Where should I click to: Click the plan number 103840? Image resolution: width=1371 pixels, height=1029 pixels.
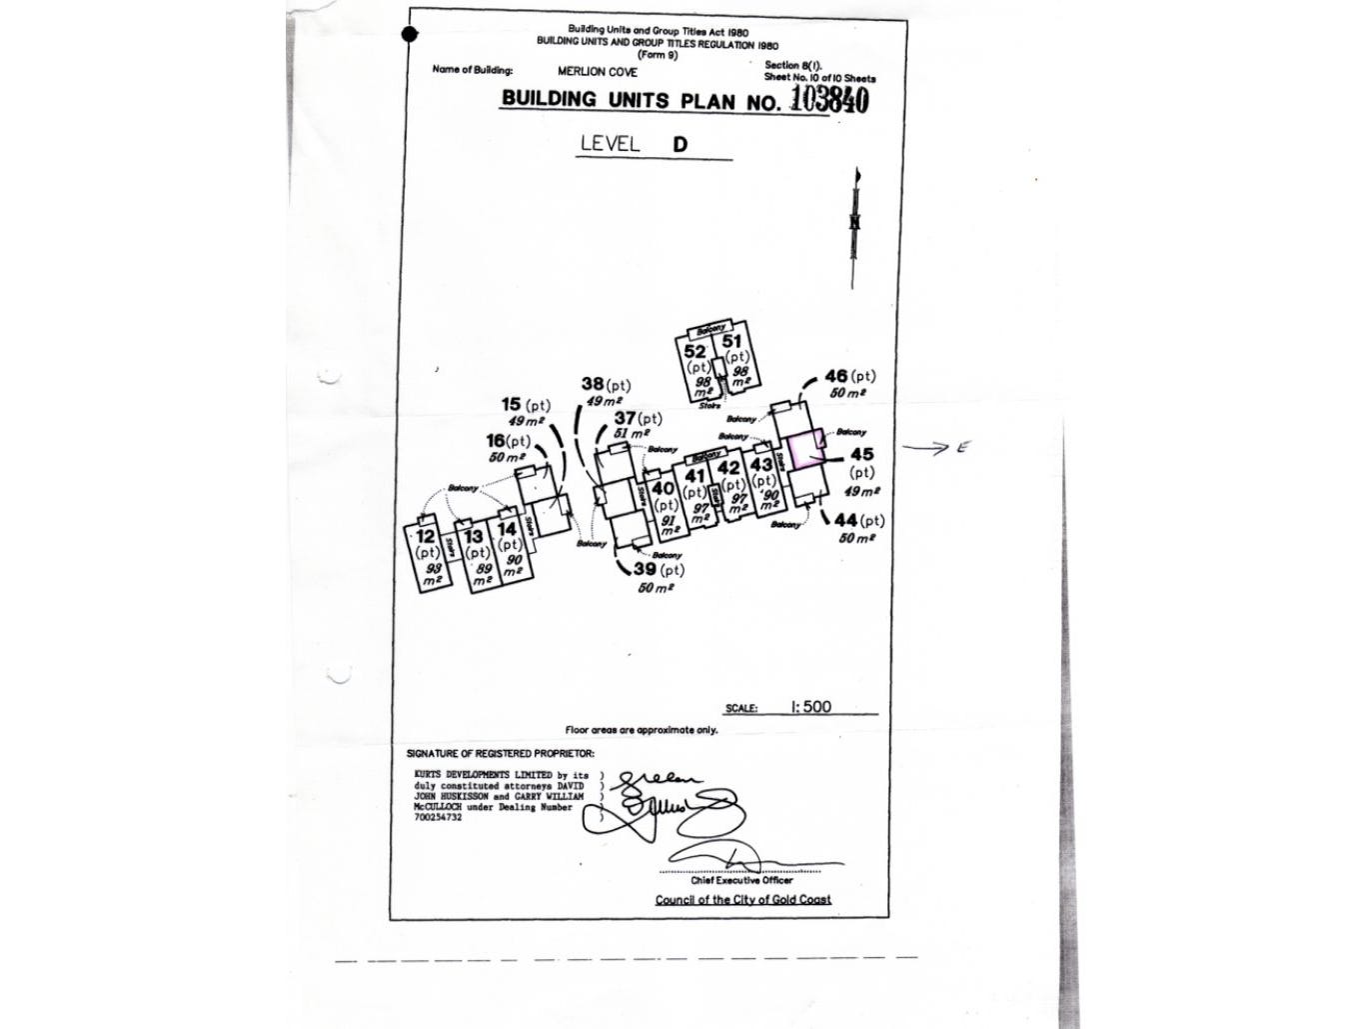point(828,99)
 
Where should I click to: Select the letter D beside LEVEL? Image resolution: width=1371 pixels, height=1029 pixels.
point(680,144)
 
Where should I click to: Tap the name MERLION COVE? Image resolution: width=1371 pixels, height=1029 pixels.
point(597,72)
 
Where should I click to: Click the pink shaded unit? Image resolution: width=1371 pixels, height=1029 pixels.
point(804,447)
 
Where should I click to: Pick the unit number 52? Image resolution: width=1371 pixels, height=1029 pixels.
point(695,351)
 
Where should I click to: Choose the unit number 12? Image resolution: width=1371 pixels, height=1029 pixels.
point(426,536)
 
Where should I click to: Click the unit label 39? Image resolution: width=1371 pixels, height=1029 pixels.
point(645,568)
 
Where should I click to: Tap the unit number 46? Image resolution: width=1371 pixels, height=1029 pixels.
point(836,376)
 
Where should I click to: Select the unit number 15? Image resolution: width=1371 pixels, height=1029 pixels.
point(512,404)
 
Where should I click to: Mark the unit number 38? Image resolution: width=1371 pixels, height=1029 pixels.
point(593,384)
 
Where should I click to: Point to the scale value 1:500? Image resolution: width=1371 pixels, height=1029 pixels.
point(810,706)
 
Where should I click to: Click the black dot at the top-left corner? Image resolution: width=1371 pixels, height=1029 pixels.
point(408,36)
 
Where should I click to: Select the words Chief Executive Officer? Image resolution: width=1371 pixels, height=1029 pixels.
point(741,880)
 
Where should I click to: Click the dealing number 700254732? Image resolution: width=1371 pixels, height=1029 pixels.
point(438,817)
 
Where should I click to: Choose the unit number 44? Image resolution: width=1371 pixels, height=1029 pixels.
point(846,520)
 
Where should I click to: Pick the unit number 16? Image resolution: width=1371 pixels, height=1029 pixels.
point(496,440)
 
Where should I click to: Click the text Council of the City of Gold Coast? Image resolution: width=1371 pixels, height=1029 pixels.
point(742,899)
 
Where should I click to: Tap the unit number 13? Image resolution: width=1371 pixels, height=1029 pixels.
point(474,537)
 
